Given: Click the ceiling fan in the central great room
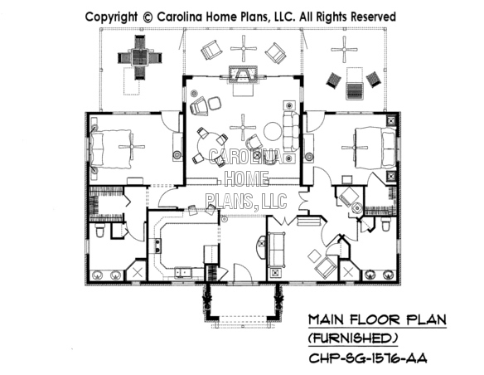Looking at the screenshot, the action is [x=243, y=127].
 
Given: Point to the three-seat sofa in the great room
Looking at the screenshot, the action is [x=291, y=131].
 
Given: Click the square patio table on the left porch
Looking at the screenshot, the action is [x=140, y=57].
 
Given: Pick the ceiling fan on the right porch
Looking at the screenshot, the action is [x=344, y=49].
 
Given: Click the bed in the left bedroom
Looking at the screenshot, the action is [x=111, y=149].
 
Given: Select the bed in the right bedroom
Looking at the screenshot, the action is [x=375, y=148].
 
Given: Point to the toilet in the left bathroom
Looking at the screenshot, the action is [x=99, y=230].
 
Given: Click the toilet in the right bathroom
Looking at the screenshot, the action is [x=385, y=225].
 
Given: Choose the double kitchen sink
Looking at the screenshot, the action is [x=183, y=272].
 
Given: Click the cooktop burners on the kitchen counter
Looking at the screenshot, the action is [x=155, y=246].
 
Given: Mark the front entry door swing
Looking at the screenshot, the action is [x=243, y=273].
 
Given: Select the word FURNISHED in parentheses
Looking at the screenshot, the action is [x=353, y=338].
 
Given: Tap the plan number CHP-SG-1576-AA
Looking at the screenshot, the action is [x=368, y=358].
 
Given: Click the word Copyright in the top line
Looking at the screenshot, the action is [x=111, y=17].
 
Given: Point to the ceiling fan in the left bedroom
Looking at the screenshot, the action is [x=132, y=147].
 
